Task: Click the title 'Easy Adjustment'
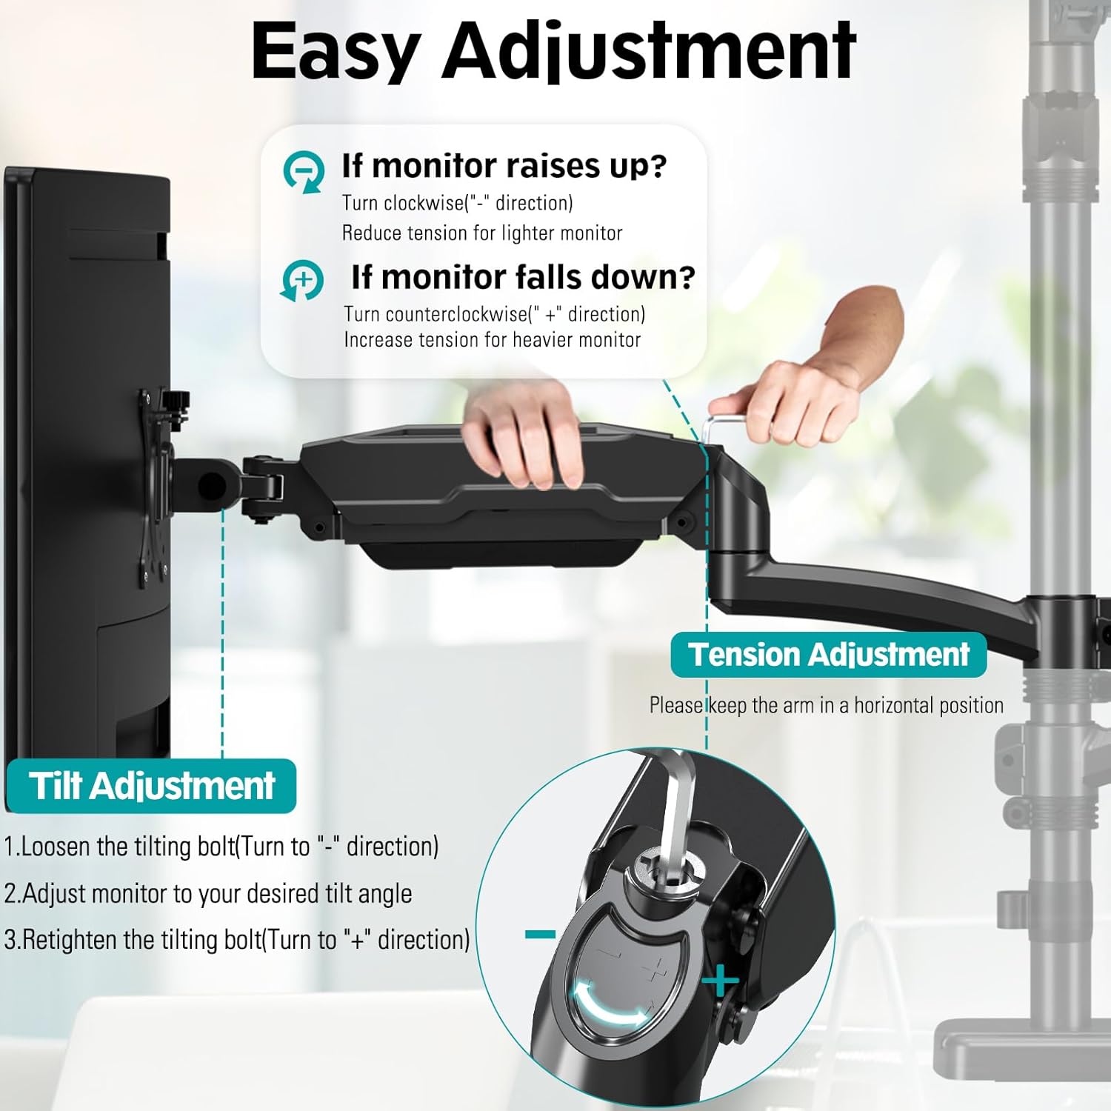tap(554, 52)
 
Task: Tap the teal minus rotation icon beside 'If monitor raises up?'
tap(304, 172)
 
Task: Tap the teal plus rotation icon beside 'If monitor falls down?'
tap(302, 281)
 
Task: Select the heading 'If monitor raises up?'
tap(504, 166)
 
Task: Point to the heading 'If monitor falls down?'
tap(523, 277)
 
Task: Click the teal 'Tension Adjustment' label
tap(828, 655)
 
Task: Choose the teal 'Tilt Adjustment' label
tap(152, 786)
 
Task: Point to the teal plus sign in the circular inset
tap(720, 983)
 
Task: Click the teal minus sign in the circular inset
tap(540, 935)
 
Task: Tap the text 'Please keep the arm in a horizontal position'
tap(827, 705)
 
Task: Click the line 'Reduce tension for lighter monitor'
tap(482, 233)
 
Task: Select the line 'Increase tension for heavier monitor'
tap(493, 340)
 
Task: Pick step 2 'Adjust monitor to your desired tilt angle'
tap(208, 893)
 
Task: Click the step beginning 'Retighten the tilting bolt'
tap(237, 940)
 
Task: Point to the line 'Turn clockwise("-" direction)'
tap(458, 203)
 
